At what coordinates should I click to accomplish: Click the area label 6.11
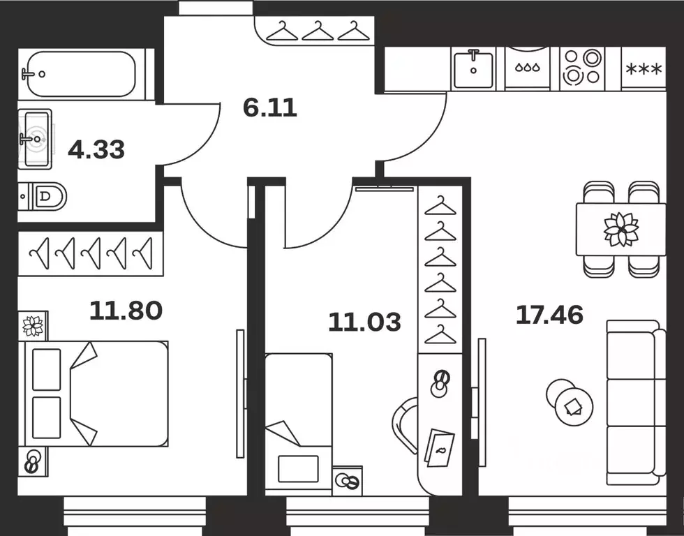(270, 107)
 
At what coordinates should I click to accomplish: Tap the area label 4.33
(96, 149)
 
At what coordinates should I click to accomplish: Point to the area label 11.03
(364, 322)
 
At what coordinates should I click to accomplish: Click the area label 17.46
(550, 315)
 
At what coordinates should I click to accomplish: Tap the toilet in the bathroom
(43, 196)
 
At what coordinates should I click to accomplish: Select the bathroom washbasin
(36, 139)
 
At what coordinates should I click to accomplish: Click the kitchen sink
(473, 69)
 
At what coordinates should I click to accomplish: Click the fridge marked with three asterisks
(644, 69)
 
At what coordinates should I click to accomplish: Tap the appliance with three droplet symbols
(528, 68)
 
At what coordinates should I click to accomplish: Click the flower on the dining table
(621, 229)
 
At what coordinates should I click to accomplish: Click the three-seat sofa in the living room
(636, 403)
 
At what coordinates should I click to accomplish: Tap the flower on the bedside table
(34, 326)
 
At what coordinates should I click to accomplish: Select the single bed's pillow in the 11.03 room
(299, 469)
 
